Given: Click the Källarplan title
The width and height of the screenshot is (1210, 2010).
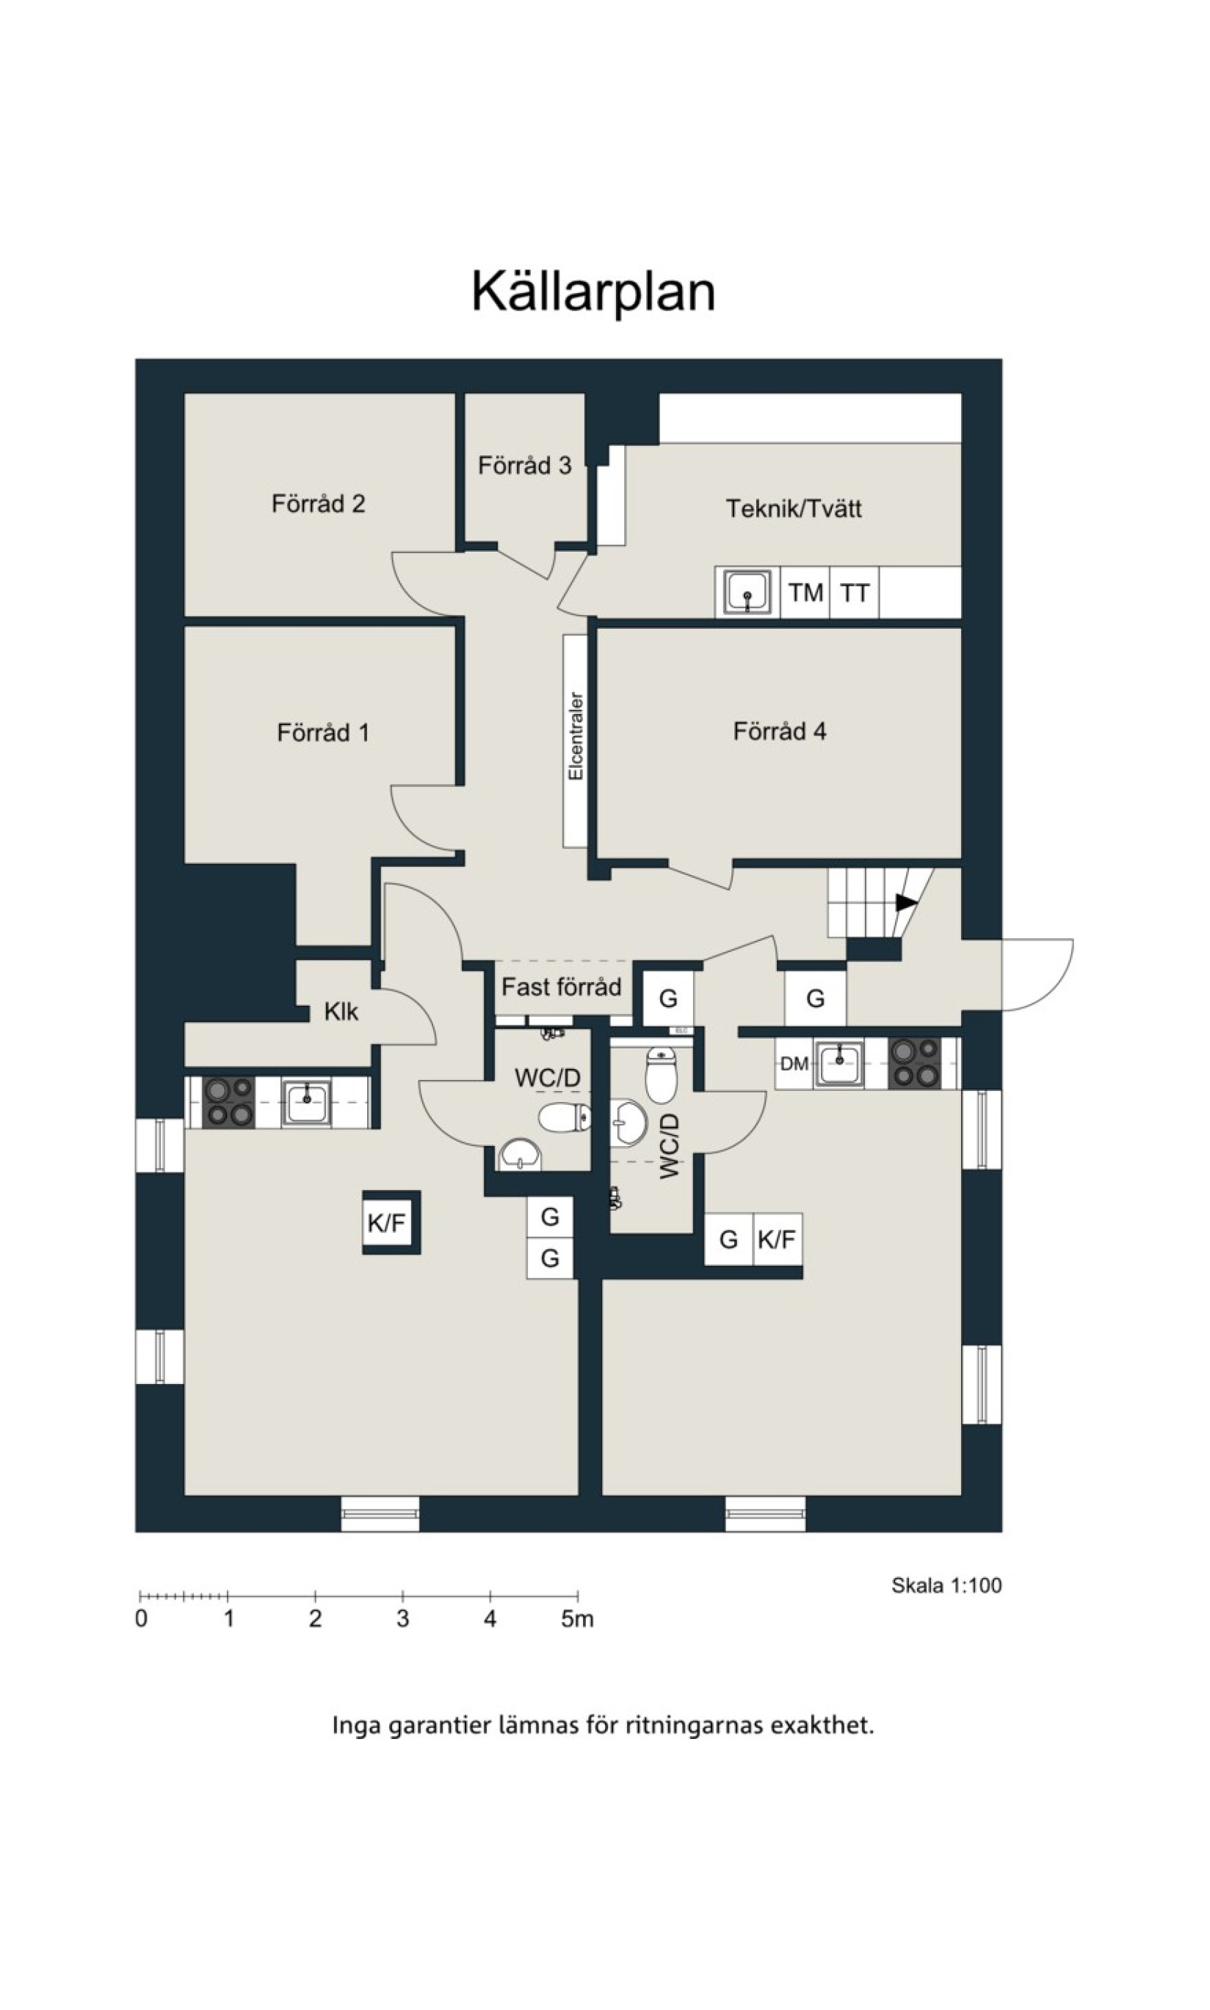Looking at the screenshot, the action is (593, 291).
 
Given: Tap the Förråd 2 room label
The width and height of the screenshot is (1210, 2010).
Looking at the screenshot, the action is (318, 503).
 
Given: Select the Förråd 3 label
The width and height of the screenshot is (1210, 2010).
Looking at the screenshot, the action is (524, 465).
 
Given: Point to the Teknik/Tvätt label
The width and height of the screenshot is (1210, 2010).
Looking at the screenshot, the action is (794, 508).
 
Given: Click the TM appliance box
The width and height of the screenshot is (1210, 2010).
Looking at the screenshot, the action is (805, 592).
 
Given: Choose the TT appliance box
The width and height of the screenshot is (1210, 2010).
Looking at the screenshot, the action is (855, 592).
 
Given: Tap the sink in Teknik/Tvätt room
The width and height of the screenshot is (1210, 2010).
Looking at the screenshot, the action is (747, 591).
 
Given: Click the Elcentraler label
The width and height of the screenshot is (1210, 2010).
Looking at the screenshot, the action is (576, 736).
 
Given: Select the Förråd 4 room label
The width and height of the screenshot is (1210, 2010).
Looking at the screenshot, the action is (780, 731).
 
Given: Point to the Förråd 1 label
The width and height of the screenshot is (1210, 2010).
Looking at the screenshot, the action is (323, 732).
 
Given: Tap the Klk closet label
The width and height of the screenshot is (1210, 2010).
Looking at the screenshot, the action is (341, 1012).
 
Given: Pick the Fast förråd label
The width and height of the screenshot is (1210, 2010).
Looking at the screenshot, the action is (561, 987).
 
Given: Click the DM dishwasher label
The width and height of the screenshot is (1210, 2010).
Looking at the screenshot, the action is (794, 1064).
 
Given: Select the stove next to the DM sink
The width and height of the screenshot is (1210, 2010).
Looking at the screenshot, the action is (914, 1063).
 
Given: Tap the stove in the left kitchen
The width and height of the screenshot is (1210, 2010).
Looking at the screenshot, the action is (229, 1102).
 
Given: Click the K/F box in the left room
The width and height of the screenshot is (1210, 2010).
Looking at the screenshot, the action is (386, 1222).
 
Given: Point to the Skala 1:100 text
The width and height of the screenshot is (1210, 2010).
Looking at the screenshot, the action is (946, 1585).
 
